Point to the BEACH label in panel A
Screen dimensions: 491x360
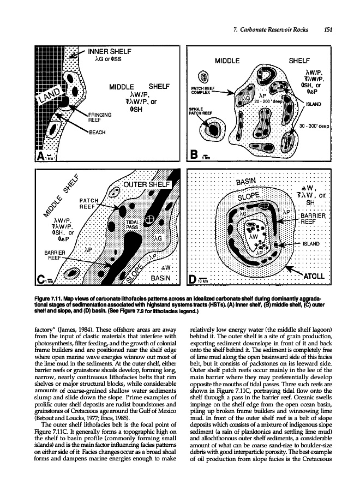click(103, 133)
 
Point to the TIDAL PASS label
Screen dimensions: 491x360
click(134, 225)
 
